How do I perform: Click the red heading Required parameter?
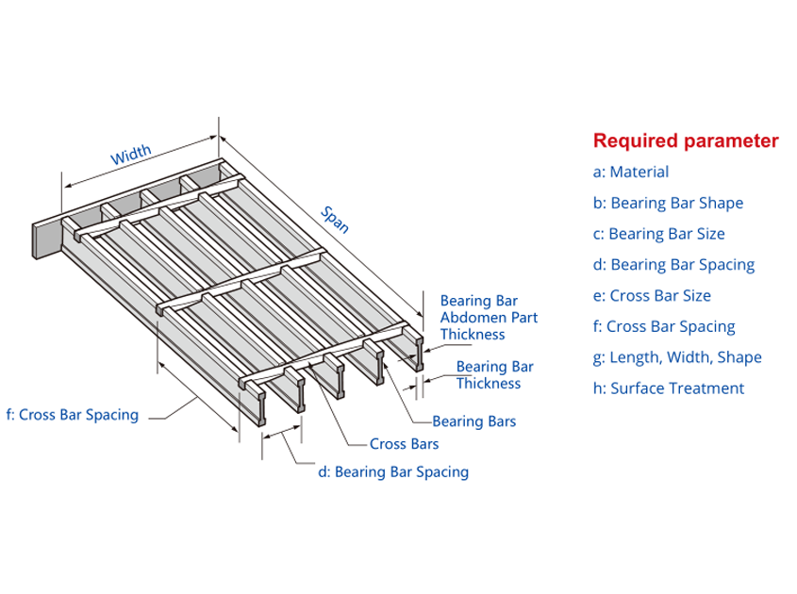tap(685, 141)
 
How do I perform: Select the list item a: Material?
tap(631, 172)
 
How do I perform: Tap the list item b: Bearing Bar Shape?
tap(668, 203)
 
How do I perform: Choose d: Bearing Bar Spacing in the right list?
tap(673, 265)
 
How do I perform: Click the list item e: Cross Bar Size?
tap(652, 295)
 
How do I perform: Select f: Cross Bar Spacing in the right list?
tap(664, 327)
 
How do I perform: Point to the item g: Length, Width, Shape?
tap(677, 357)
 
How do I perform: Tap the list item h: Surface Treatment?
tap(668, 388)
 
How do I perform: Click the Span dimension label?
tap(335, 219)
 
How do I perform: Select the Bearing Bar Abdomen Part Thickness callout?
tap(489, 318)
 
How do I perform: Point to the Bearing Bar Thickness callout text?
tap(494, 374)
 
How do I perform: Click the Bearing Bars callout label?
tap(473, 421)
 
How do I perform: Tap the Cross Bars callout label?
tap(404, 443)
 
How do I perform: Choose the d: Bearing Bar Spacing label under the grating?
tap(392, 471)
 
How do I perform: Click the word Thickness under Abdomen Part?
tap(473, 335)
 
